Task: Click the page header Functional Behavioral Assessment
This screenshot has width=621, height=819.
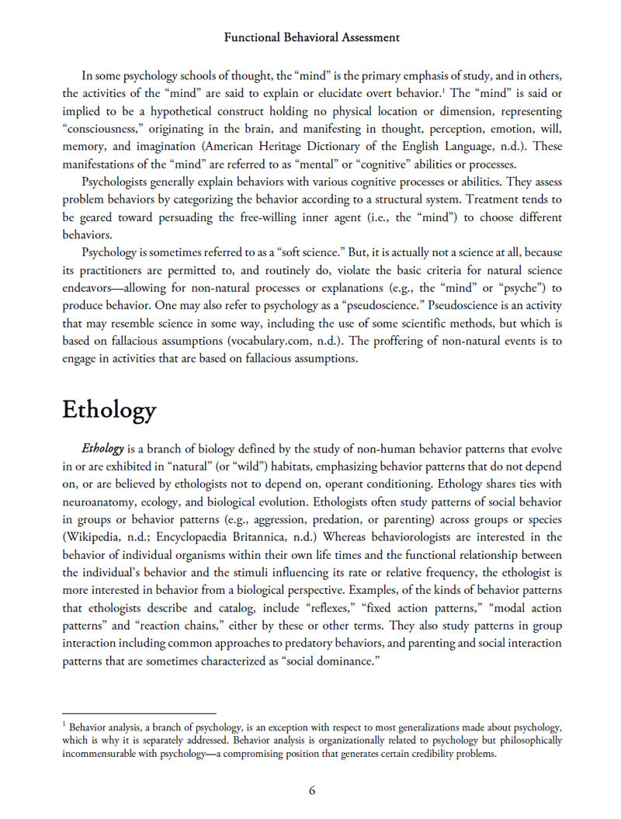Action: pos(310,37)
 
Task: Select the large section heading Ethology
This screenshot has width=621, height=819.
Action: pos(109,410)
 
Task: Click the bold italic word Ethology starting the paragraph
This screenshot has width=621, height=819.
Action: pos(102,449)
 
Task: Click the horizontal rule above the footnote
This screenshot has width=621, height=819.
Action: pos(139,713)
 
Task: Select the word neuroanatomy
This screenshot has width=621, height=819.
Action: pos(102,501)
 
